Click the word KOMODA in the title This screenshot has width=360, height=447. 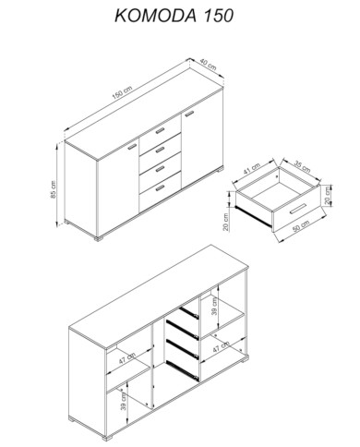pyautogui.click(x=155, y=16)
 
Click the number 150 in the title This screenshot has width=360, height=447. pyautogui.click(x=218, y=16)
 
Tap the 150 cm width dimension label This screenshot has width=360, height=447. pyautogui.click(x=122, y=92)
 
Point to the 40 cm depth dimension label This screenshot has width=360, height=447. pyautogui.click(x=208, y=64)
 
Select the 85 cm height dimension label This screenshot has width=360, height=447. pyautogui.click(x=54, y=189)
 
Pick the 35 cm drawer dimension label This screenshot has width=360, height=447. pyautogui.click(x=302, y=166)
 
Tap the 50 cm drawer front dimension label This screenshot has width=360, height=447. pyautogui.click(x=301, y=226)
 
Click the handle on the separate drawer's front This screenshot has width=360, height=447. pyautogui.click(x=298, y=209)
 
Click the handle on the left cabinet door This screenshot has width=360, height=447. pyautogui.click(x=132, y=147)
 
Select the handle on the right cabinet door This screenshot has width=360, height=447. pyautogui.click(x=189, y=114)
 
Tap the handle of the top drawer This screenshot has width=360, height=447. pyautogui.click(x=161, y=131)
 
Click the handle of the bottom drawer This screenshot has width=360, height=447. pyautogui.click(x=160, y=187)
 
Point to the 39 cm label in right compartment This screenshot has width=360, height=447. pyautogui.click(x=214, y=307)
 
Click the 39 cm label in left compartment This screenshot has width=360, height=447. pyautogui.click(x=124, y=402)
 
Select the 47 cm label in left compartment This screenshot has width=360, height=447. pyautogui.click(x=127, y=358)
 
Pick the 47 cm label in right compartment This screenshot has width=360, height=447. pyautogui.click(x=222, y=346)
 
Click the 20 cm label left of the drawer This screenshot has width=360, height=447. pyautogui.click(x=226, y=222)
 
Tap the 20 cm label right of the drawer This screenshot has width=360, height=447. pyautogui.click(x=328, y=195)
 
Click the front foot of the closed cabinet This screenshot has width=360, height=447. pyautogui.click(x=99, y=238)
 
